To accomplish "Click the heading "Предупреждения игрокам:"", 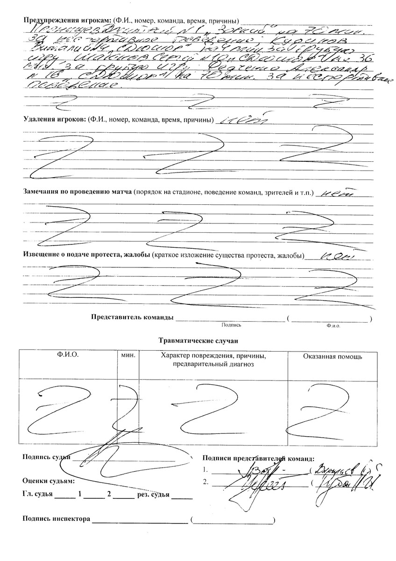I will pyautogui.click(x=65, y=21).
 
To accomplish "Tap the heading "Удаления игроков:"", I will pyautogui.click(x=53, y=119).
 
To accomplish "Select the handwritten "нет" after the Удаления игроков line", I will pyautogui.click(x=243, y=118).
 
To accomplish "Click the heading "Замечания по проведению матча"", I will pyautogui.click(x=78, y=192).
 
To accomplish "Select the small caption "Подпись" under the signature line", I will pyautogui.click(x=232, y=324).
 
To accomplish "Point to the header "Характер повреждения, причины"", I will pyautogui.click(x=213, y=356).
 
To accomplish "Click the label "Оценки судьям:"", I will pyautogui.click(x=49, y=481).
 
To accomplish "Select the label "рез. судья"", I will pyautogui.click(x=153, y=494).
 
